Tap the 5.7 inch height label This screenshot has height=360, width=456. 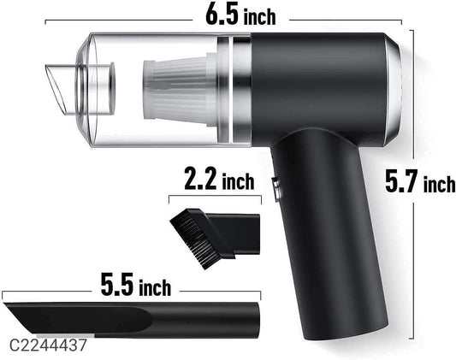pyautogui.click(x=419, y=182)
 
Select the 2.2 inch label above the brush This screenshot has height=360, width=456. pyautogui.click(x=219, y=182)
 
